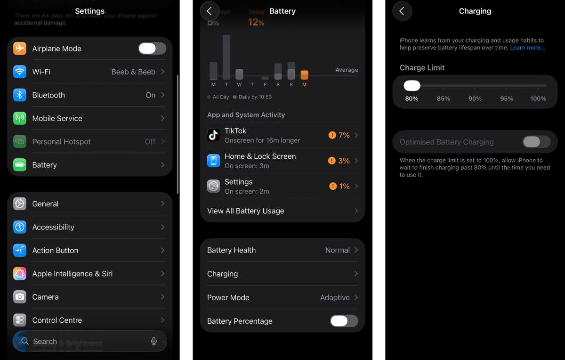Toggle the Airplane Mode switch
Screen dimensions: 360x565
click(x=152, y=49)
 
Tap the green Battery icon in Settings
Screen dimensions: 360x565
click(x=20, y=165)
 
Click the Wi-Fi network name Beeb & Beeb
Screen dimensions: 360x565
click(x=133, y=72)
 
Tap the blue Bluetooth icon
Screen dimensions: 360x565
click(x=20, y=95)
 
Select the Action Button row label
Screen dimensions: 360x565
click(x=55, y=250)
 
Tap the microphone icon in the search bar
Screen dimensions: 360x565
click(x=154, y=341)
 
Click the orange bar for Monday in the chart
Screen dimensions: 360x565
click(x=304, y=74)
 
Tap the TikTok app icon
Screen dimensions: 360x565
click(x=214, y=135)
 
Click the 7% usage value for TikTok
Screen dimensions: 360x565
click(x=344, y=135)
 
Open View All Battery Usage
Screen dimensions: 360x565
click(x=245, y=211)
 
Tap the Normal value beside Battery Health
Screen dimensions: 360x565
click(x=337, y=250)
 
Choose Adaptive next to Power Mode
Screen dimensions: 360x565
click(x=335, y=297)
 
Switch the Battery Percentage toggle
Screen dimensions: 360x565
click(x=344, y=321)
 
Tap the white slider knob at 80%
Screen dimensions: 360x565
click(x=412, y=86)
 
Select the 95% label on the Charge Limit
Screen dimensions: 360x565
click(x=507, y=98)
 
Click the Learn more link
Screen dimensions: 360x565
click(x=527, y=48)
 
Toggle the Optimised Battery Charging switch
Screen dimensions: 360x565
click(x=536, y=142)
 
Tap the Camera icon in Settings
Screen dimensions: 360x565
click(x=20, y=297)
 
